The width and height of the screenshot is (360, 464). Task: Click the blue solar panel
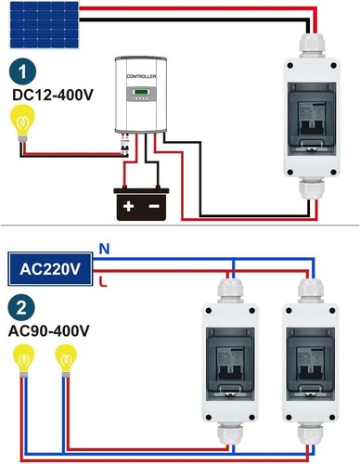pos(45,25)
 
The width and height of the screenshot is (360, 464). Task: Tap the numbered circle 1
pos(22,71)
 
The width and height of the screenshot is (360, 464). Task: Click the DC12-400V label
pos(53,95)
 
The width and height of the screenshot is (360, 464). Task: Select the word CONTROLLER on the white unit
pos(141,76)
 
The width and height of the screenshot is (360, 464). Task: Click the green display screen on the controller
pos(141,92)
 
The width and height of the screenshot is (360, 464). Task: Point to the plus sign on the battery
pos(128,206)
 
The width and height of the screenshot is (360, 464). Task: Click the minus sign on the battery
pos(154,206)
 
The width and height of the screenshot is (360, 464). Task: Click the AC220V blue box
pos(50,269)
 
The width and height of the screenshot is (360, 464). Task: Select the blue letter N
pos(104,249)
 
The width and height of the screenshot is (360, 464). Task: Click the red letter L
pos(103,281)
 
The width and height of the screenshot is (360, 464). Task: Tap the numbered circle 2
pos(21,308)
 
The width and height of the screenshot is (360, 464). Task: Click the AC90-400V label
pos(49,330)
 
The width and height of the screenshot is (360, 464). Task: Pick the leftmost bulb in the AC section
pos(23,361)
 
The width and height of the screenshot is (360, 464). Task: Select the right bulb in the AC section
pos(66,361)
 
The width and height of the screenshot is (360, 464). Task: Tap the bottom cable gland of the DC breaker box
pos(312,189)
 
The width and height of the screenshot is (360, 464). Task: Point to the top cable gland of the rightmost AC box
pos(311,290)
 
